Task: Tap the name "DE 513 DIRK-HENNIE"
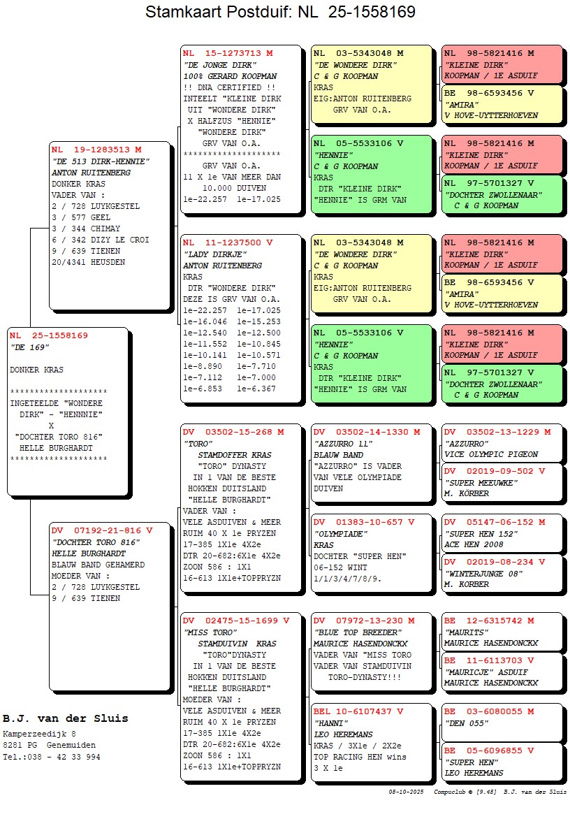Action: click(101, 161)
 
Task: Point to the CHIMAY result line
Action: click(86, 229)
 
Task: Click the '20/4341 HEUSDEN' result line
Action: click(89, 262)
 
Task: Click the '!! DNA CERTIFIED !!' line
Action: click(229, 87)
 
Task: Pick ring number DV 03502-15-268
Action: click(233, 432)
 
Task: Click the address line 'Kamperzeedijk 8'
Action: click(39, 734)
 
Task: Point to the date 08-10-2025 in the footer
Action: click(407, 792)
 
